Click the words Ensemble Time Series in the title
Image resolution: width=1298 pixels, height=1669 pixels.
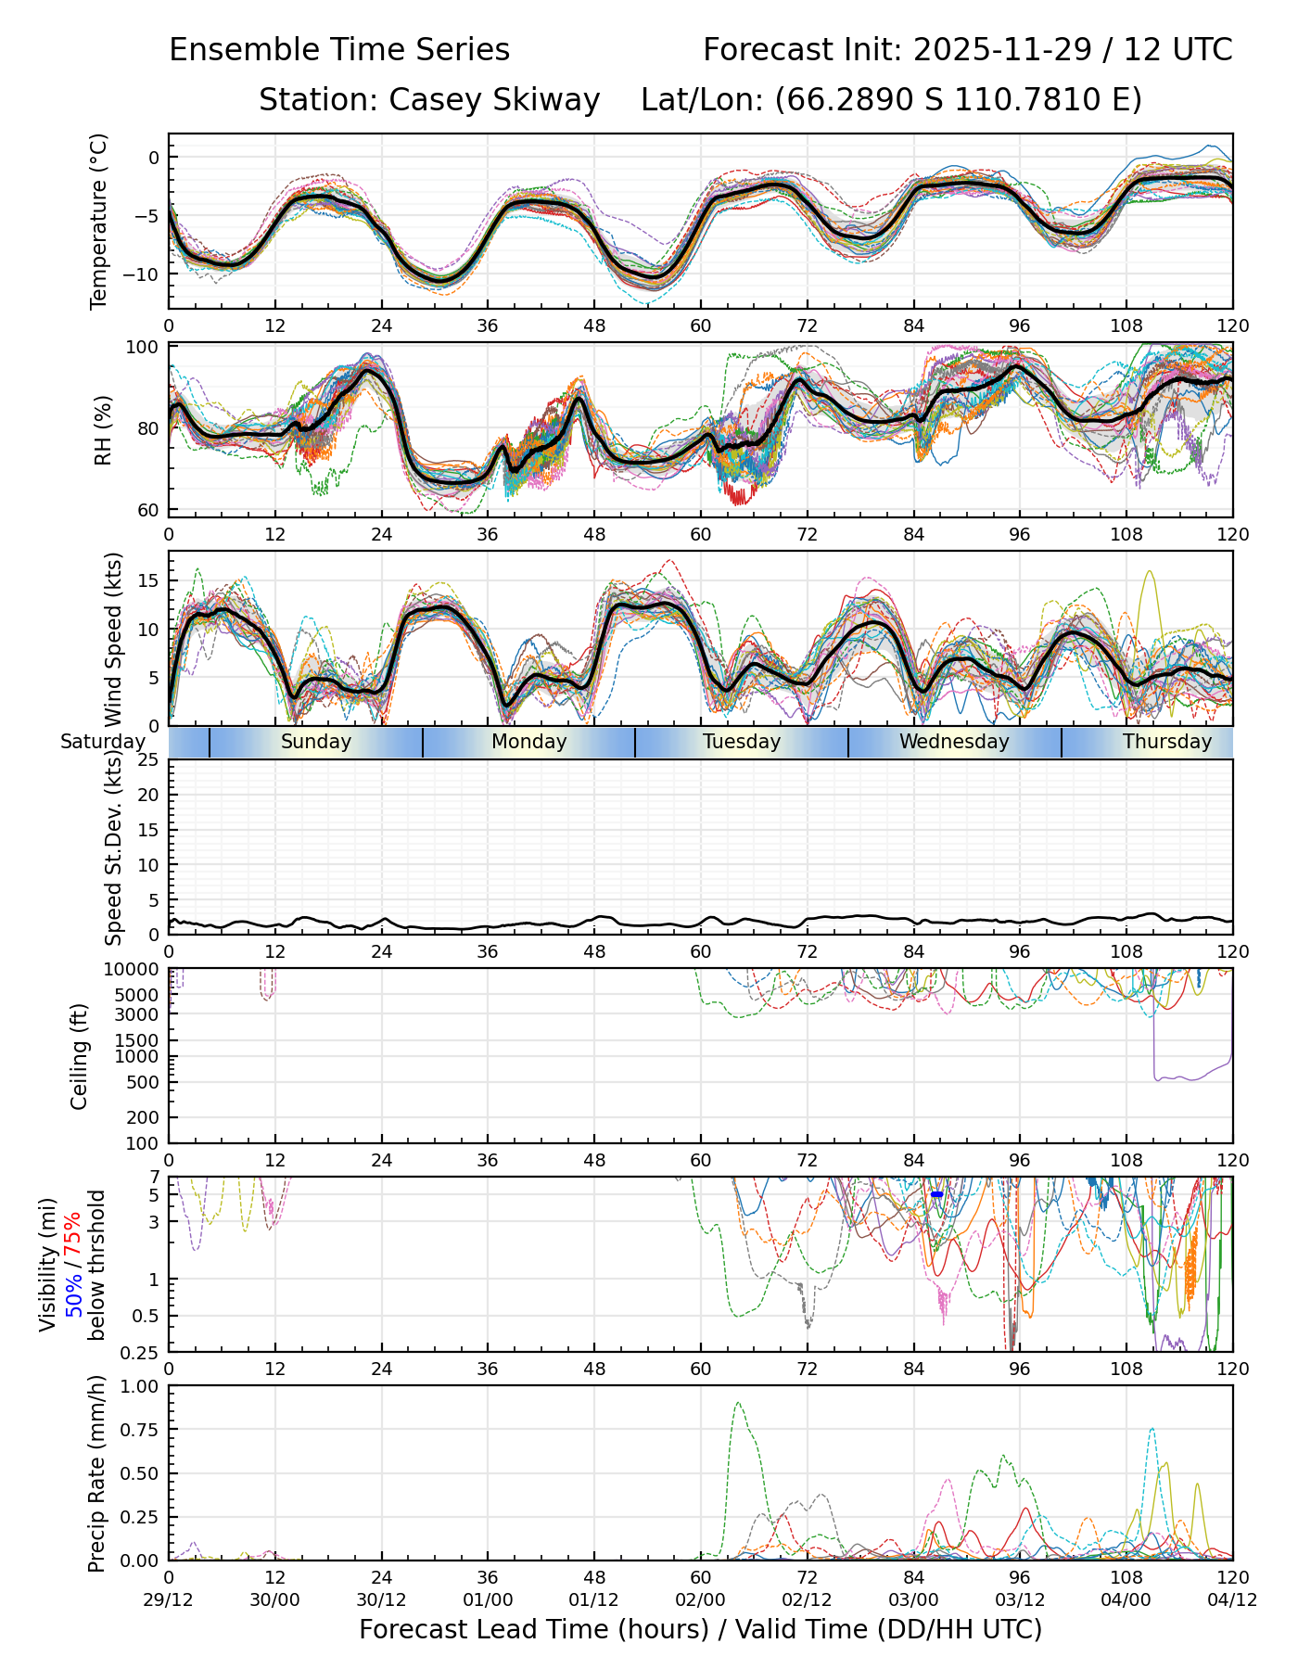[x=339, y=50]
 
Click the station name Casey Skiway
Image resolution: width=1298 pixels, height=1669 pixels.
[x=494, y=100]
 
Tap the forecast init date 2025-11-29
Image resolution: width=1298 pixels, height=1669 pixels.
[x=1002, y=50]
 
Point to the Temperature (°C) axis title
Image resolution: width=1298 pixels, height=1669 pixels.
[x=99, y=221]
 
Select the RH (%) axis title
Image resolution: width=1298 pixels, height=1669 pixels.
[x=102, y=430]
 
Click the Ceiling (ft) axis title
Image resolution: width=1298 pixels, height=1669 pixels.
[x=80, y=1056]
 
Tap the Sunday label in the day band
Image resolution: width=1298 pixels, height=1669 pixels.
[x=316, y=742]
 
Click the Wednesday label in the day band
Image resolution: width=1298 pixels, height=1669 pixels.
[x=954, y=742]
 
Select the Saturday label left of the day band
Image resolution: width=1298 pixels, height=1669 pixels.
[x=103, y=742]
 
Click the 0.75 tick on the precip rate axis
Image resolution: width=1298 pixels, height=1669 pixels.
[x=140, y=1430]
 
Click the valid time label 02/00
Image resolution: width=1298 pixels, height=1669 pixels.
[x=701, y=1599]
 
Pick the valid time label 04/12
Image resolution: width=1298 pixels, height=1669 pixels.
[x=1232, y=1599]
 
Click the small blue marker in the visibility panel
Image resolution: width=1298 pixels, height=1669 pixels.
[x=936, y=1194]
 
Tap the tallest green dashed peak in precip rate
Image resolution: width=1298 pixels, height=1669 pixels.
[x=738, y=1403]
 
